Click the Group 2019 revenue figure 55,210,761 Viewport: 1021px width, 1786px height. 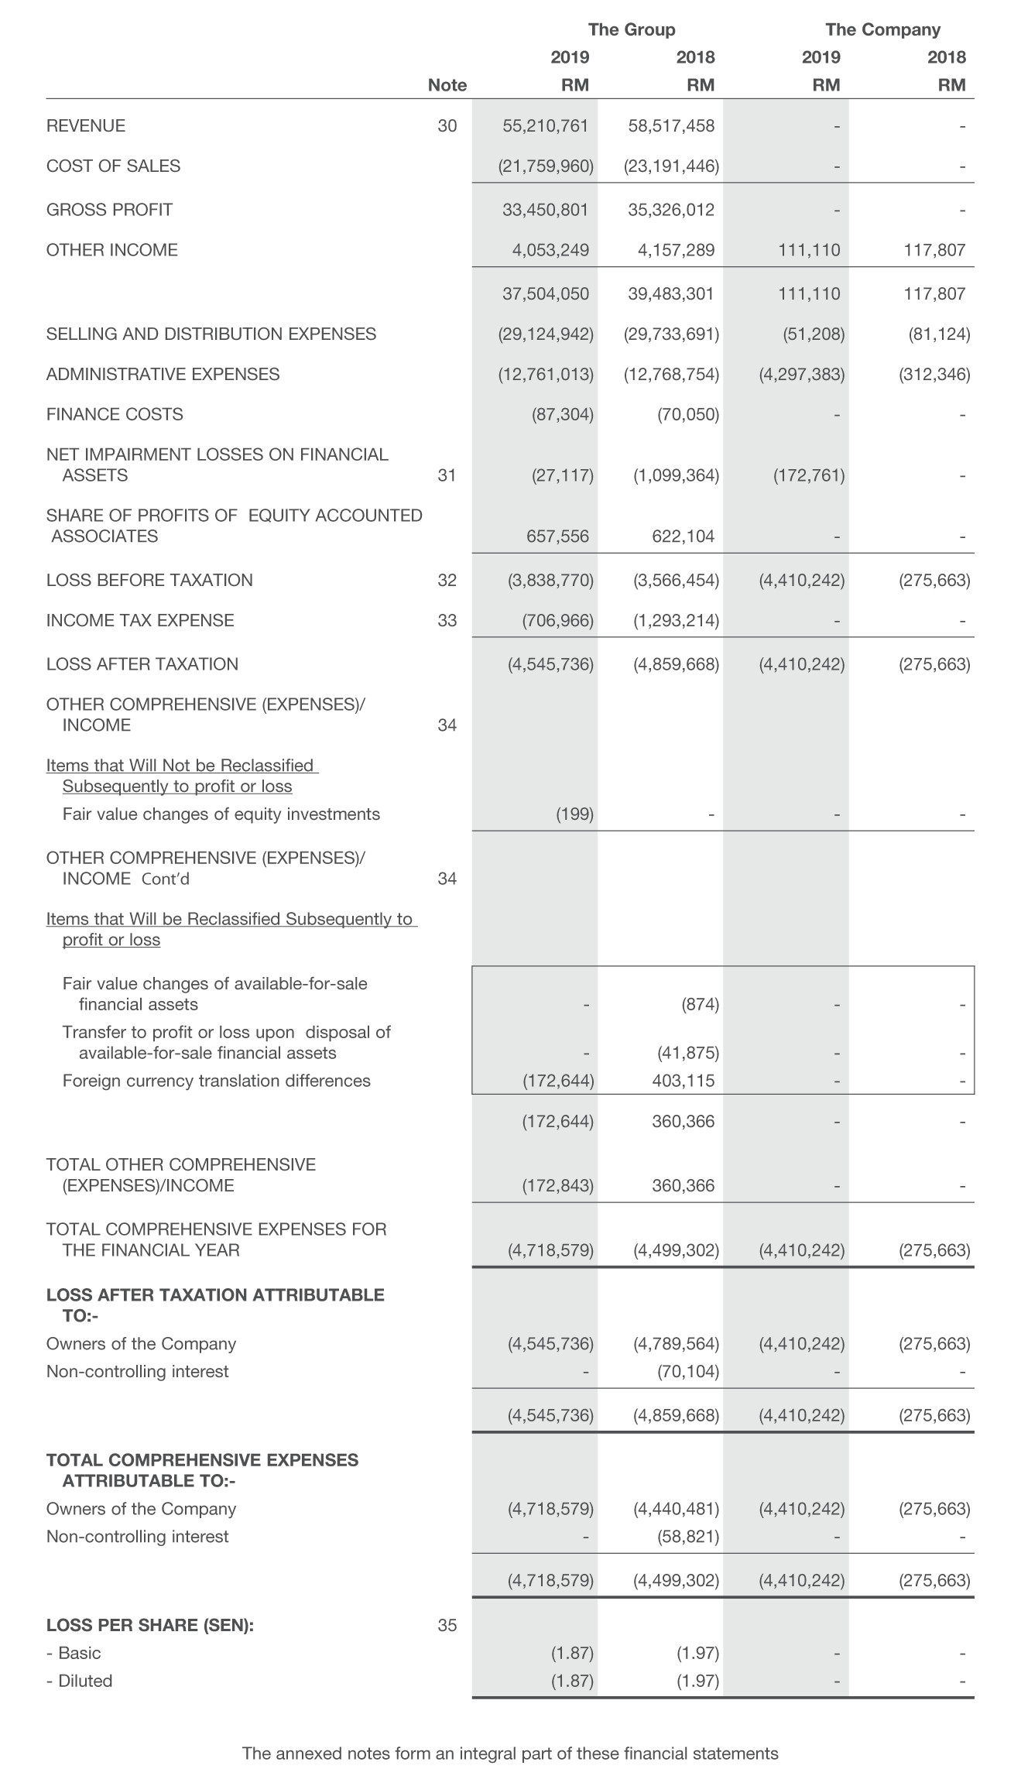(545, 125)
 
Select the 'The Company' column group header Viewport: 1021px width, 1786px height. (882, 29)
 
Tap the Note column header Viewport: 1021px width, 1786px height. (447, 85)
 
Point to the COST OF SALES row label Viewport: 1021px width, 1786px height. (113, 166)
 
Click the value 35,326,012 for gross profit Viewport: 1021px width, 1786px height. (671, 209)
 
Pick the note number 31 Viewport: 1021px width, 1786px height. (447, 475)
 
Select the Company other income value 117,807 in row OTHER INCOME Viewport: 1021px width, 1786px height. (934, 249)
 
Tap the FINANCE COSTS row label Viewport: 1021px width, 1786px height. (115, 414)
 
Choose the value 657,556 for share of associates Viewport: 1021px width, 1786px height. (557, 536)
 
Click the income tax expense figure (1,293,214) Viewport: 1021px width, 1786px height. (676, 620)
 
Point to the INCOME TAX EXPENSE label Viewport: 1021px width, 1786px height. (140, 620)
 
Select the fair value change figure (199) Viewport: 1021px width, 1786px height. (574, 814)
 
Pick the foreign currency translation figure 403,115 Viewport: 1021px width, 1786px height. (683, 1081)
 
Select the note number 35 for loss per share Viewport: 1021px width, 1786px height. (447, 1625)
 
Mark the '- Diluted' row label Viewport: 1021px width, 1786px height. (79, 1681)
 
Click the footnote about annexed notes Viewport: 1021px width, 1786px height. (510, 1753)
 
